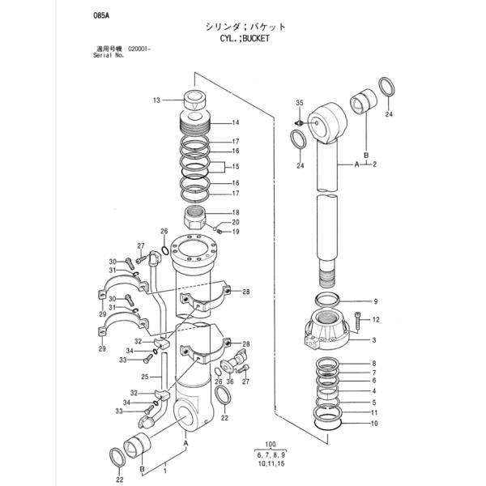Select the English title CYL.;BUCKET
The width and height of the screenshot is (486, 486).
pos(243,38)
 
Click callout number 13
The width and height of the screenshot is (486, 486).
pos(156,101)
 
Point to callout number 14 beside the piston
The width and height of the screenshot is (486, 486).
pos(236,123)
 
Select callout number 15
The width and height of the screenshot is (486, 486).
pos(237,166)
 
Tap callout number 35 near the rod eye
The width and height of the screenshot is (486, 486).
pos(300,103)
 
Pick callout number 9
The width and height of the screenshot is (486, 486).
pos(375,301)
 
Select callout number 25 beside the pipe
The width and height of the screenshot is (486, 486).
pos(144,377)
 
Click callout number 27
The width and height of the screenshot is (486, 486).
pos(140,245)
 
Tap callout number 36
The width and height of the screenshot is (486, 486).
pos(230,381)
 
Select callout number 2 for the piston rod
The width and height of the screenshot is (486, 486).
pos(375,164)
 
